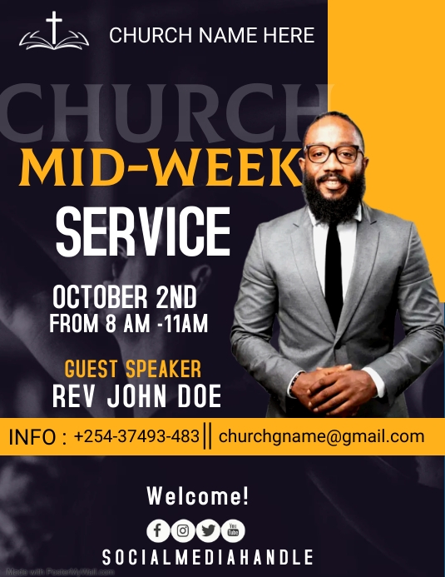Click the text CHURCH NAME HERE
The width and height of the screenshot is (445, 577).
click(211, 35)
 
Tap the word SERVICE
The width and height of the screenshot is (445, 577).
click(143, 231)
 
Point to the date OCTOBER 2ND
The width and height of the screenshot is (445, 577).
click(125, 297)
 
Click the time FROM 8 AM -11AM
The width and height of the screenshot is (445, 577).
click(128, 323)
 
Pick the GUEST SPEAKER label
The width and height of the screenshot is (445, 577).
click(132, 369)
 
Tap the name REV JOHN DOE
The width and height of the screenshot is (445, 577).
click(136, 396)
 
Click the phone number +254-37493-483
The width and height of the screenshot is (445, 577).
click(136, 436)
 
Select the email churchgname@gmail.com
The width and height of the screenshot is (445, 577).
click(321, 436)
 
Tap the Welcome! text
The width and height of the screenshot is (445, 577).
click(198, 497)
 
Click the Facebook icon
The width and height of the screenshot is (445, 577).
click(158, 530)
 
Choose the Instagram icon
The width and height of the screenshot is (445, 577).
click(183, 530)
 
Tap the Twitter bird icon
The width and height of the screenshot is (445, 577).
click(208, 530)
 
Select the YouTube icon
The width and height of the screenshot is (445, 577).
click(233, 530)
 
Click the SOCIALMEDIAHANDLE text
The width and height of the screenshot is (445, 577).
click(208, 557)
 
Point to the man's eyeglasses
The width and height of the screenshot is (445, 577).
click(334, 154)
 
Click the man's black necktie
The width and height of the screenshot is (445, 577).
click(334, 258)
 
